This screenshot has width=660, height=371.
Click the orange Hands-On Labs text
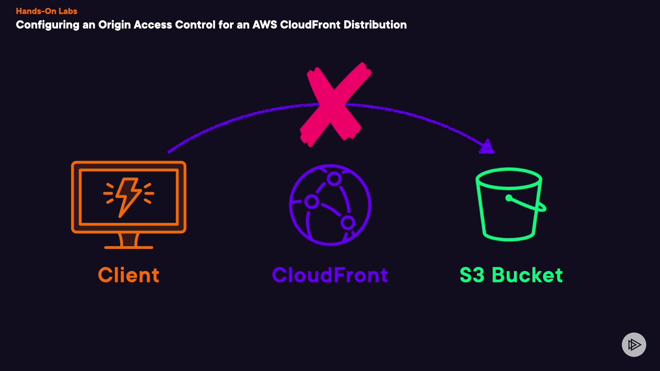46,11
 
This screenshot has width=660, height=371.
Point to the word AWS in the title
265,25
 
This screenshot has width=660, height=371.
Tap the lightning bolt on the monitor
128,196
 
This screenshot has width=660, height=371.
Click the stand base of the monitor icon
129,247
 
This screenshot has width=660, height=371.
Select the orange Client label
129,275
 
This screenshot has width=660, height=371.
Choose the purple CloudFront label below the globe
330,275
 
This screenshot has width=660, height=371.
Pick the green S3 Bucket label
511,275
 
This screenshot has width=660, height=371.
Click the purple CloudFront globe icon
330,205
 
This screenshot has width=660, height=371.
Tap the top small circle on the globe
334,179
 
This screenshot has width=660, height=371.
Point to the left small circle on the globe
312,202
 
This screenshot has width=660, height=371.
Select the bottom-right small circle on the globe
348,223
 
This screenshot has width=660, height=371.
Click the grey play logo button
634,345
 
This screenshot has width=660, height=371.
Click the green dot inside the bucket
509,198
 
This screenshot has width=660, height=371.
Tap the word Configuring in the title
47,25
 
